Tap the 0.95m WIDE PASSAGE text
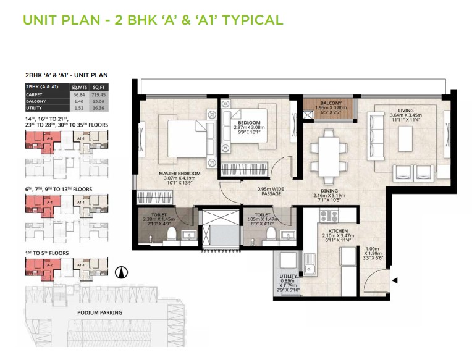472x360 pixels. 271,191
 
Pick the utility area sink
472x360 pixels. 308,269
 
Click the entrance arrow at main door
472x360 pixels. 395,281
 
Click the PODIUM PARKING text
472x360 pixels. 99,312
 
